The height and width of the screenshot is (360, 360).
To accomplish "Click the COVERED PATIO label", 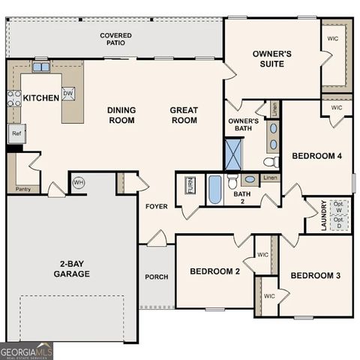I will pos(115,40).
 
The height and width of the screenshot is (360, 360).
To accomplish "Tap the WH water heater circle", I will pos(79,182).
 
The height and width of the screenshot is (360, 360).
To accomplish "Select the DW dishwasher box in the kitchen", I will pos(68,94).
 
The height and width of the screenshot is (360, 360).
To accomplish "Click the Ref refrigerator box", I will pos(16,133).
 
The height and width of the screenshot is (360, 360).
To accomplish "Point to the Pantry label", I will pos(22,189).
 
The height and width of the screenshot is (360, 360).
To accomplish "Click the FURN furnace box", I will pos(190,185).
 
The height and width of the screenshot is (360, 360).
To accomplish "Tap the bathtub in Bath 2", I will pos(215,189).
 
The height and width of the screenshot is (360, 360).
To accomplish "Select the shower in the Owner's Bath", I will pos(234,153).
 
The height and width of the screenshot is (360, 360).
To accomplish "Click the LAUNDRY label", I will pos(324,214).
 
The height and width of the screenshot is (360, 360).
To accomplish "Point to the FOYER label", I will pos(157,206).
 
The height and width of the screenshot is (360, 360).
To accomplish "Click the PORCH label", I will pos(156,277).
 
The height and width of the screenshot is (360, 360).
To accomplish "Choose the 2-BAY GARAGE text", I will pos(72,268).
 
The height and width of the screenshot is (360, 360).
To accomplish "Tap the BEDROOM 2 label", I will pos(214,271).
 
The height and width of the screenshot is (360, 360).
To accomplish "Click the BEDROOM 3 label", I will pos(315,276).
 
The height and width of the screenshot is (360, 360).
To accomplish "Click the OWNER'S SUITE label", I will pos(271,59).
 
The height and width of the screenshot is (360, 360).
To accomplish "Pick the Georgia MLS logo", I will pos(27,351).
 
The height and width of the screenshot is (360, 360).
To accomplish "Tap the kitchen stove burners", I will pos(13,98).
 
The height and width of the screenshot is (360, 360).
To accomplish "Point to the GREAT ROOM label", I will pos(183,115).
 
